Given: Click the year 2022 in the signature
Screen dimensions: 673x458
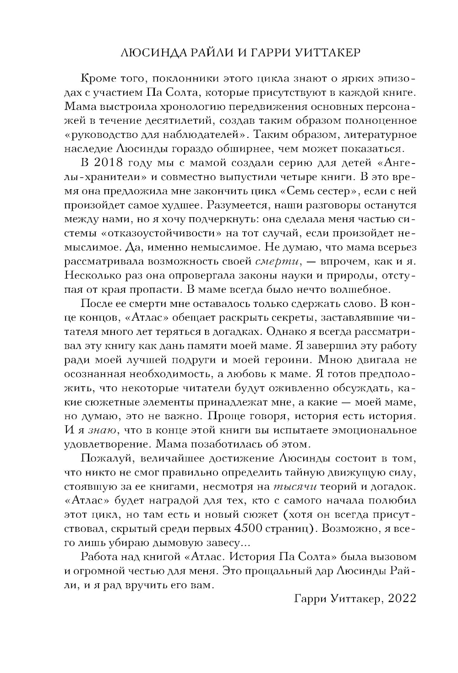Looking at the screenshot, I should pos(401,599).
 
